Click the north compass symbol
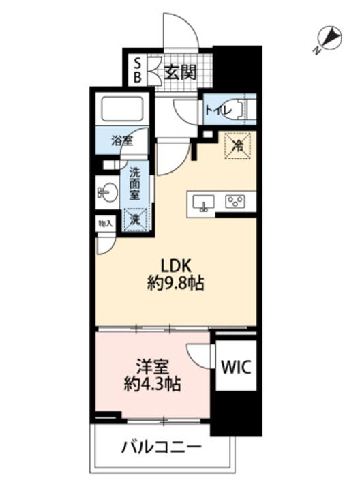pos(329,39)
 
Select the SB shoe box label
pos(138,71)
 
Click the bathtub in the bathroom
pos(123,108)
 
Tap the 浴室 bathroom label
pos(123,141)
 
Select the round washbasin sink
pos(108,192)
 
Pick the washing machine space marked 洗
pos(135,220)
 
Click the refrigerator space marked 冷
pos(238,146)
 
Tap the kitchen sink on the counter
pos(204,203)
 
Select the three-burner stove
pos(235,202)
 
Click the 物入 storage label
pos(105,224)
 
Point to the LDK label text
pos(176,266)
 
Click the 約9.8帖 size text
pos(176,284)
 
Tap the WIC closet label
pos(236,367)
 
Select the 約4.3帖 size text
pos(152,384)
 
